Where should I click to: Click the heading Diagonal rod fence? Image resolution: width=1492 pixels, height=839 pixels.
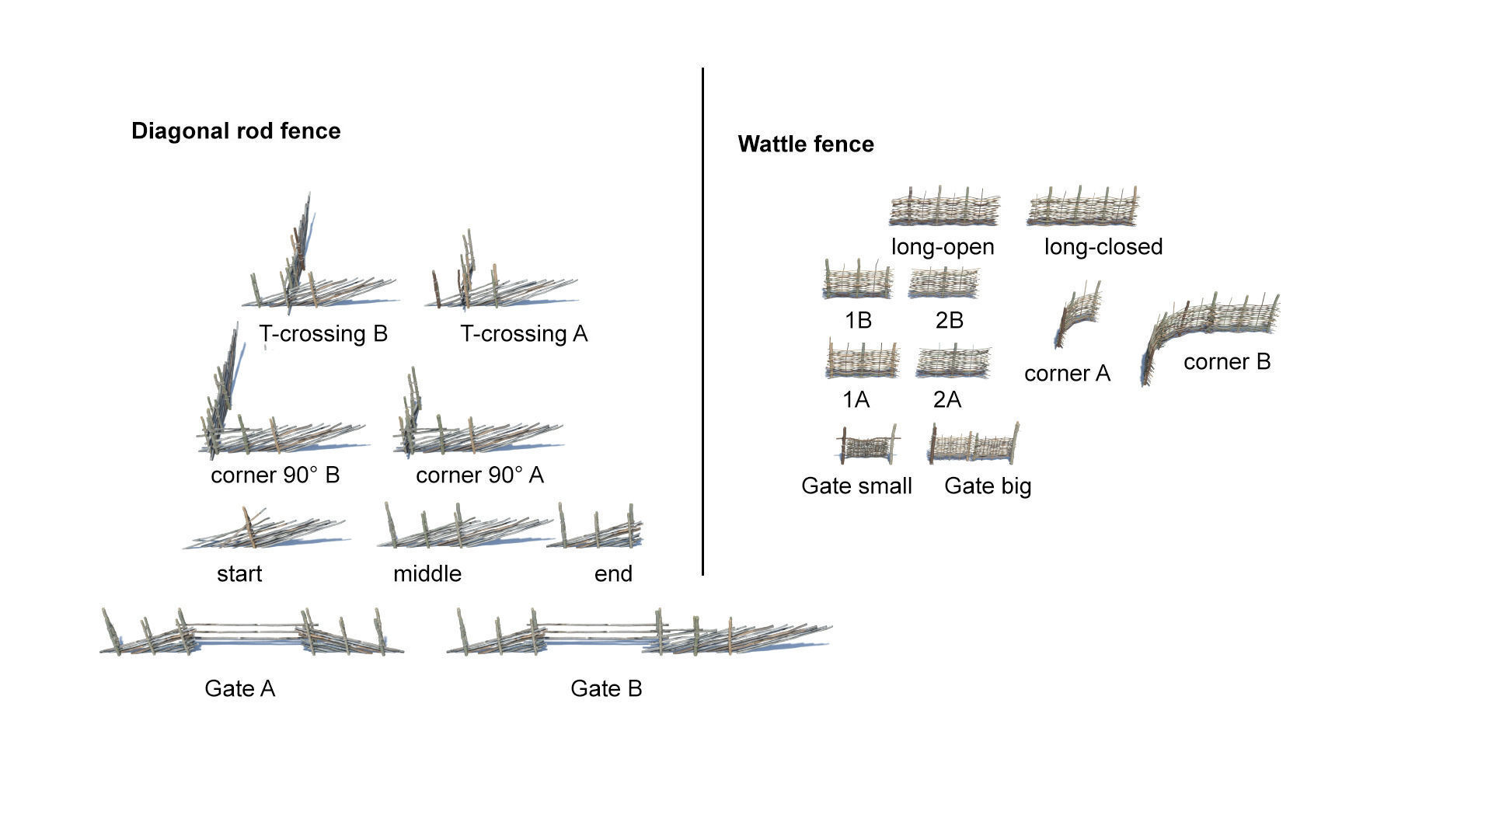tap(235, 131)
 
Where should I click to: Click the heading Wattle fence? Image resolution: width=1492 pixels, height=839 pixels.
tap(806, 144)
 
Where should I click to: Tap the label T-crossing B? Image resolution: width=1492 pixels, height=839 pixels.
tap(323, 333)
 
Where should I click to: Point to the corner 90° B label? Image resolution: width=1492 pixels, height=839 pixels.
tap(275, 475)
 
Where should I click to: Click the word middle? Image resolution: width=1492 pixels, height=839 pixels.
tap(427, 573)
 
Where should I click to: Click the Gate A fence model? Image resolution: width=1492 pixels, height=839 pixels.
tap(249, 633)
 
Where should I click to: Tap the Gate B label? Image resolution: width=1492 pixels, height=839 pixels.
tap(606, 688)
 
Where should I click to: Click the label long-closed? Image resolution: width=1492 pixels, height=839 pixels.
tap(1103, 246)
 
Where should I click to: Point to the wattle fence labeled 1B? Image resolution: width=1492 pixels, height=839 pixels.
tap(857, 280)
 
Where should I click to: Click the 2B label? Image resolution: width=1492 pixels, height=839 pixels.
tap(949, 320)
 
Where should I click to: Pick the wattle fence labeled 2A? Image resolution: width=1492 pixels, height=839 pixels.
tap(953, 363)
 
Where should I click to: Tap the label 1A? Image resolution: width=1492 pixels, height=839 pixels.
tap(856, 399)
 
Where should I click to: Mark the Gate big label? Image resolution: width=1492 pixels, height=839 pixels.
tap(988, 486)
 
